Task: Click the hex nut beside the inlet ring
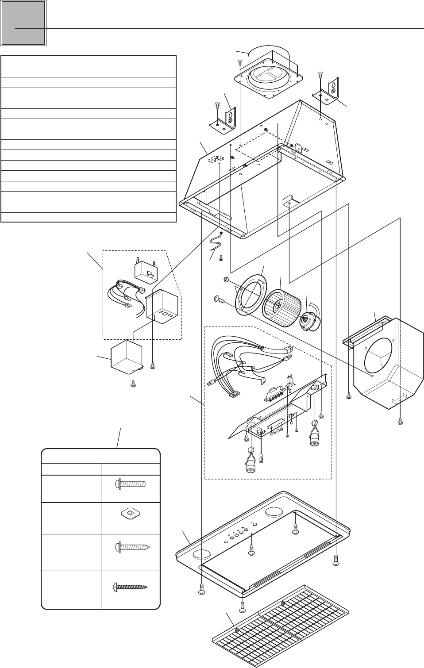point(225,280)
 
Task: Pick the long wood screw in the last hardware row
point(129,587)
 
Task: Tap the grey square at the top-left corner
point(23,23)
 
